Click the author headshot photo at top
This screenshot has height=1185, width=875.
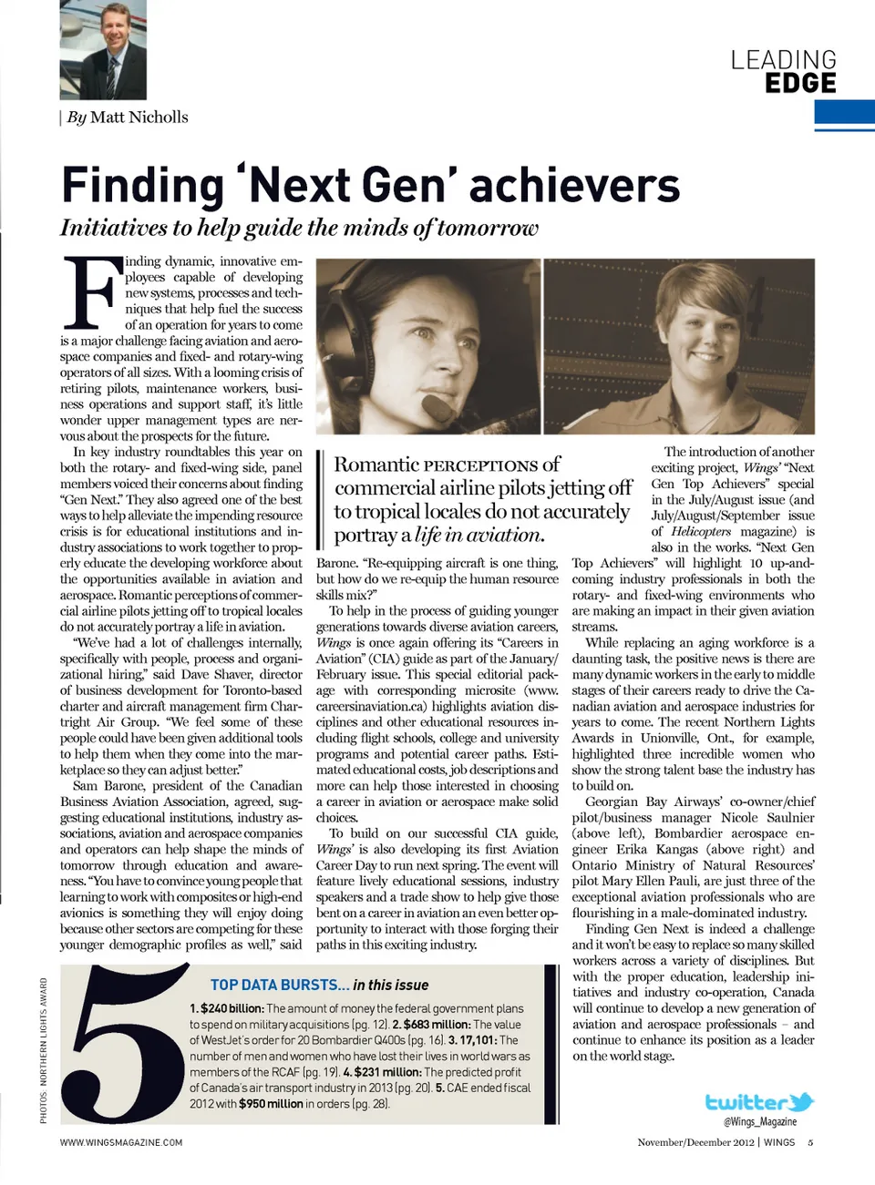point(102,49)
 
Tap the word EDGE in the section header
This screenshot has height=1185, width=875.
point(800,84)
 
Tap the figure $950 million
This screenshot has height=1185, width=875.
point(271,1104)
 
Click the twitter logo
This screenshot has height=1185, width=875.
point(759,1103)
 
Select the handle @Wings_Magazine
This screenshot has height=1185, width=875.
point(760,1122)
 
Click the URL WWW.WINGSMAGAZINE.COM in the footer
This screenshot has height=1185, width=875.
point(121,1142)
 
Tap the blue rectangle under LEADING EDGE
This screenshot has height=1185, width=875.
point(844,116)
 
